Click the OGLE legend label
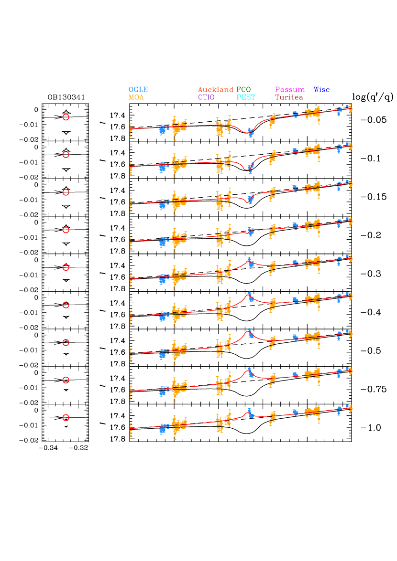(x=138, y=90)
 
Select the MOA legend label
(x=136, y=97)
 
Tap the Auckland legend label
(x=216, y=90)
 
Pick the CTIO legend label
(x=206, y=97)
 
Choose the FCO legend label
(x=243, y=90)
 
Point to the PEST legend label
(x=246, y=97)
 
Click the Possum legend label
(x=290, y=90)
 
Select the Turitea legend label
(x=289, y=97)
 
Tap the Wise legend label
(x=321, y=90)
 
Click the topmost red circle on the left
(x=66, y=117)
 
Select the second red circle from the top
(x=66, y=155)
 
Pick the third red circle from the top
(x=66, y=192)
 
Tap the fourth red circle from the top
(x=66, y=230)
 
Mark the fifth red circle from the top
(x=66, y=267)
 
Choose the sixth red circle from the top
(x=66, y=305)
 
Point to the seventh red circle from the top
(x=66, y=342)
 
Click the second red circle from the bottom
(x=66, y=380)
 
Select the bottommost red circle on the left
(x=66, y=418)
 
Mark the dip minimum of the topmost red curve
(x=249, y=133)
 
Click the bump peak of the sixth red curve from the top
(x=249, y=294)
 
